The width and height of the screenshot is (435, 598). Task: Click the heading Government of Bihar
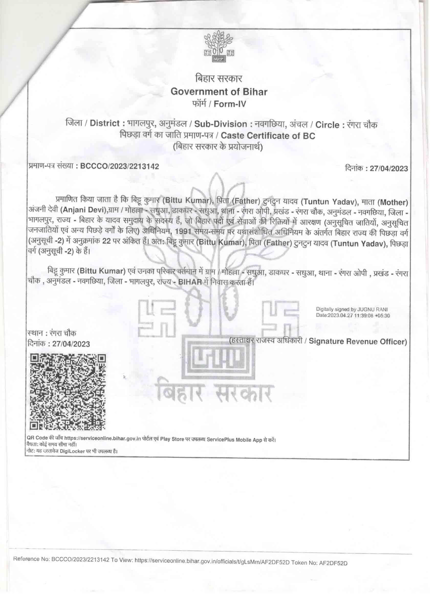point(219,92)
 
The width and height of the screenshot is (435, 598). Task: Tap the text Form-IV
point(230,104)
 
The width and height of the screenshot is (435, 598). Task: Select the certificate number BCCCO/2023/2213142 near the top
point(119,166)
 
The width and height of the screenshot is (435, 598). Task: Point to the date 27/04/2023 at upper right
point(389,169)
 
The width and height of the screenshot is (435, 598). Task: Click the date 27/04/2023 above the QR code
point(71,344)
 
